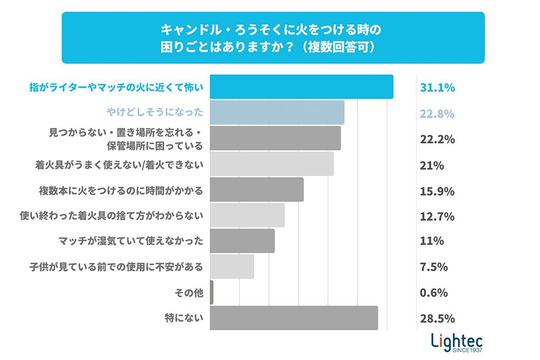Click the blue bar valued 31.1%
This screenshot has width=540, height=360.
pyautogui.click(x=301, y=87)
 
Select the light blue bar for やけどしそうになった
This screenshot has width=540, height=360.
pyautogui.click(x=276, y=112)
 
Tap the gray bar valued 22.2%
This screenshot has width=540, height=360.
pyautogui.click(x=275, y=138)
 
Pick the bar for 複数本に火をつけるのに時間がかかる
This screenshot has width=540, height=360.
pyautogui.click(x=256, y=189)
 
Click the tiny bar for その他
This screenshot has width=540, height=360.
pyautogui.click(x=212, y=293)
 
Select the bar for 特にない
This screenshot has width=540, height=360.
pyautogui.click(x=294, y=318)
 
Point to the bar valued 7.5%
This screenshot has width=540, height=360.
pyautogui.click(x=232, y=267)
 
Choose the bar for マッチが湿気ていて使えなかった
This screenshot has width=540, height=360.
pyautogui.click(x=242, y=241)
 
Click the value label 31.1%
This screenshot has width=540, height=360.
pyautogui.click(x=437, y=87)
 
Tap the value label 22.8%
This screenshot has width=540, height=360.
pyautogui.click(x=437, y=113)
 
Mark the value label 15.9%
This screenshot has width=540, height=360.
pyautogui.click(x=437, y=192)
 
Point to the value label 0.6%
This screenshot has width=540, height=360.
pyautogui.click(x=434, y=293)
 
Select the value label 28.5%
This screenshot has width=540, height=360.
pyautogui.click(x=437, y=319)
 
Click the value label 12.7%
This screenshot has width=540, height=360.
pyautogui.click(x=437, y=217)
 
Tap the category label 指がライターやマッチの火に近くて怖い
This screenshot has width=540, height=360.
pyautogui.click(x=116, y=87)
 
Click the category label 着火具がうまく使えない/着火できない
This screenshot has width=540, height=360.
pyautogui.click(x=119, y=165)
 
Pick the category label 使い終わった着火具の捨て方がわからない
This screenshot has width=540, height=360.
pyautogui.click(x=111, y=216)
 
